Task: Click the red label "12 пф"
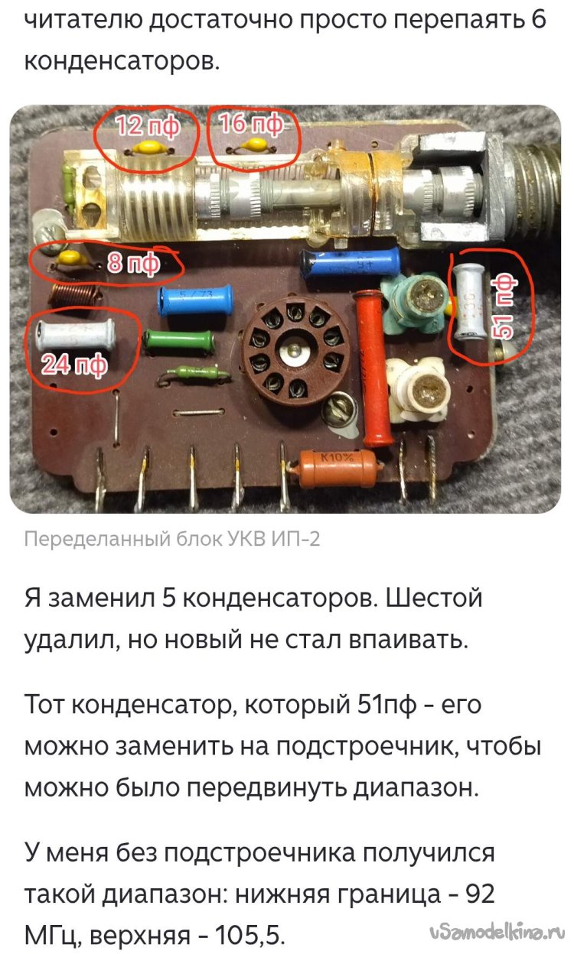pos(148,126)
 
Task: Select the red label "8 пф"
pos(133,264)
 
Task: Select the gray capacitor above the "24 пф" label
pos(76,334)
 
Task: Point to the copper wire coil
pos(76,295)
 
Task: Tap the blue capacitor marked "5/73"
pos(195,300)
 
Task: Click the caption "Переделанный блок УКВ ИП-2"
pos(172,539)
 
